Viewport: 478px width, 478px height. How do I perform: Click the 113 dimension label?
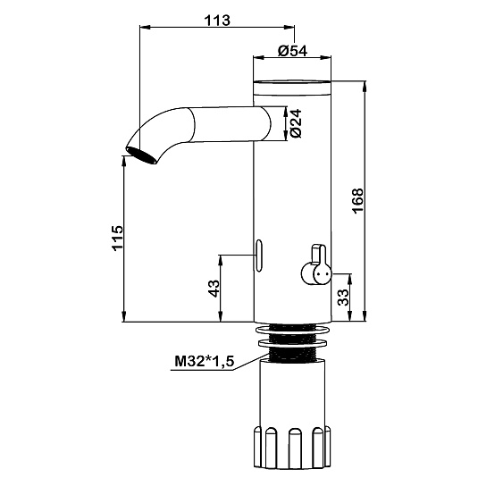[x=217, y=21]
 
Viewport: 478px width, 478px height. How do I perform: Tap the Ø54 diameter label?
[x=293, y=51]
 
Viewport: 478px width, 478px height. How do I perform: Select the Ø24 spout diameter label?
[x=296, y=123]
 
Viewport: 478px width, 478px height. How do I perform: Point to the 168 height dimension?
[x=357, y=201]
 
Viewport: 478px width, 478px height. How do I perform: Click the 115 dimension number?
[x=117, y=238]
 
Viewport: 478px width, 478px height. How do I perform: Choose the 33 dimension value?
[x=343, y=298]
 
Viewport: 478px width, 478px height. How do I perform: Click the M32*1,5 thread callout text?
[x=205, y=362]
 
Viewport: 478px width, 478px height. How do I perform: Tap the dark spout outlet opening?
[x=141, y=155]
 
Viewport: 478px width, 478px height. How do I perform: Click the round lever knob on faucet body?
[x=315, y=273]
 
